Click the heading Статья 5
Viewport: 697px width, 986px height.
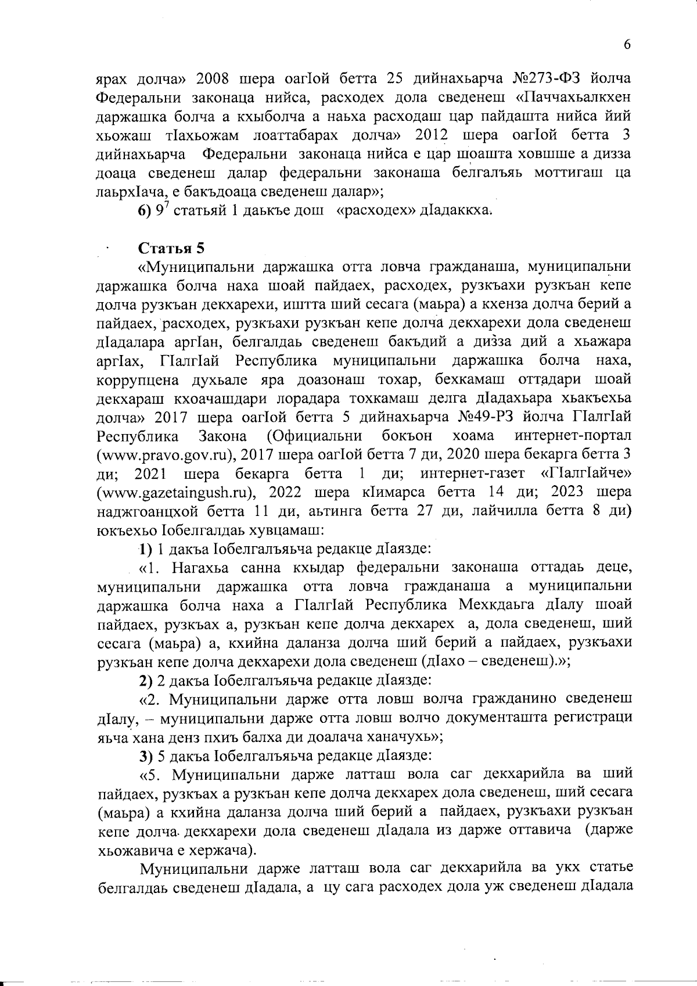pos(171,248)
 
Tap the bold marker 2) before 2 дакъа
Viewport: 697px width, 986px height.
pos(145,679)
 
